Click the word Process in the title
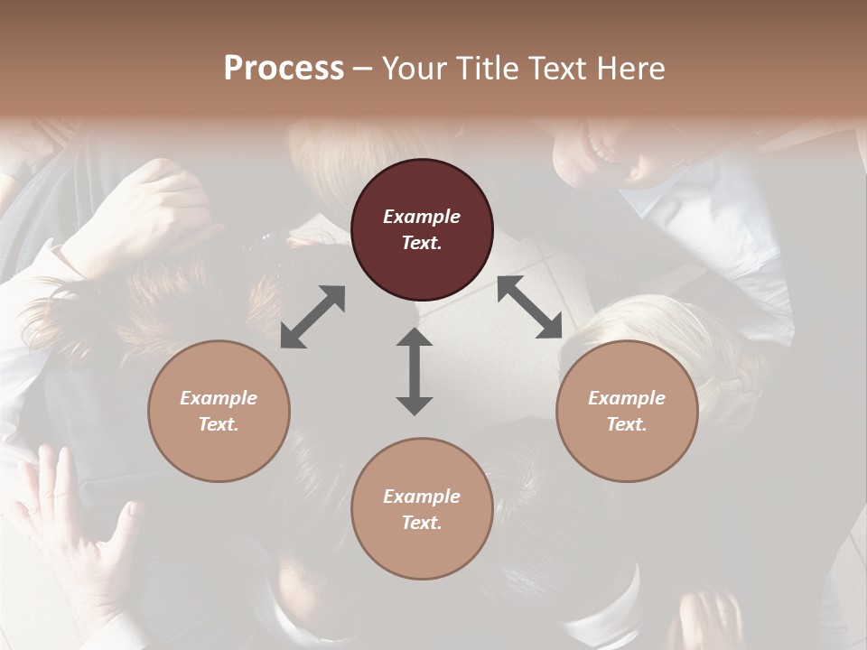point(284,69)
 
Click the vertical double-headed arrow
point(415,372)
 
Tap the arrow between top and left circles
point(312,317)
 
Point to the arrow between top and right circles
point(529,308)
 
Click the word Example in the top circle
point(422,217)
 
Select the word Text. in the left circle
point(219,424)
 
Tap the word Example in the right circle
point(627,398)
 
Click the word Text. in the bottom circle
point(422,523)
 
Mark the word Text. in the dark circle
point(422,243)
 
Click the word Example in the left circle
point(219,398)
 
